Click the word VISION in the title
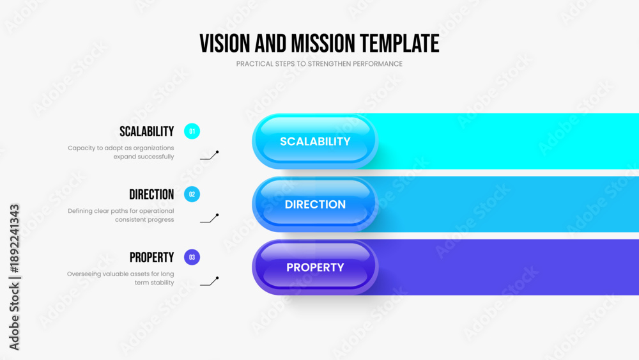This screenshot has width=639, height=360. click(224, 43)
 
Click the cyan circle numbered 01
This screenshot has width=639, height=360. click(192, 131)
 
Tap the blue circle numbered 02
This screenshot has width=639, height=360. click(192, 194)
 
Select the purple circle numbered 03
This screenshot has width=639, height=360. click(192, 257)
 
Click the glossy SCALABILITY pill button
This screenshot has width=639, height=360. click(315, 141)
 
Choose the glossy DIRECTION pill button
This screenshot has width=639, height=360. click(315, 204)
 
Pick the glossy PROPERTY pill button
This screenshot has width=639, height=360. click(315, 267)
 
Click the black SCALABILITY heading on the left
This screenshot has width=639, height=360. click(147, 132)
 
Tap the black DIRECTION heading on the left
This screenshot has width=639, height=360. click(151, 194)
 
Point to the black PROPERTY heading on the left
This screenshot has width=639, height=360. click(151, 258)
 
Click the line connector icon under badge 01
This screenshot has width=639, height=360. click(210, 155)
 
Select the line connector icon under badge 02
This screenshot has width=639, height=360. click(210, 219)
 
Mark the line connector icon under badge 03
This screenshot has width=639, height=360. click(210, 281)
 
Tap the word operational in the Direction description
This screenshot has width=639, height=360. click(157, 211)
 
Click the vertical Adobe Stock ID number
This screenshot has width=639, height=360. click(14, 239)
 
